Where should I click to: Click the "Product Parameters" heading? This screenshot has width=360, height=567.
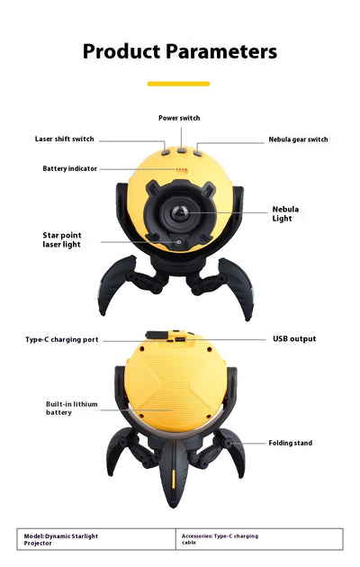click(x=180, y=51)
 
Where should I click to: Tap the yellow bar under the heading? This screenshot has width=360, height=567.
click(x=178, y=84)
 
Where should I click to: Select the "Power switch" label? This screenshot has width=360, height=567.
click(x=179, y=118)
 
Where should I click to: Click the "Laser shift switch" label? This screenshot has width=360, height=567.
click(x=64, y=139)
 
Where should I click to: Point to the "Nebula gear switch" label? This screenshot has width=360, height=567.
click(x=298, y=139)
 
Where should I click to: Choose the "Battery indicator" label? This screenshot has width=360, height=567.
click(x=70, y=168)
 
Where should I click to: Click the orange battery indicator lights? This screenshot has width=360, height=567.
click(x=182, y=169)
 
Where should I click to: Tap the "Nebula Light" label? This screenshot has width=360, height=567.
click(x=285, y=213)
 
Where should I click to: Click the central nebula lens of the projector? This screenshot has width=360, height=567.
click(x=180, y=212)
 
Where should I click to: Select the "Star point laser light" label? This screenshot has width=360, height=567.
click(x=62, y=239)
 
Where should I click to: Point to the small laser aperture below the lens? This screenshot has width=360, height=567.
click(x=178, y=242)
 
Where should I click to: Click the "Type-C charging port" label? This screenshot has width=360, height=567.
click(x=62, y=339)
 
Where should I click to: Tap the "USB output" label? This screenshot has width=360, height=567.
click(x=294, y=338)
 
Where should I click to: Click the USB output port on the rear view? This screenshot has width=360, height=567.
click(x=180, y=339)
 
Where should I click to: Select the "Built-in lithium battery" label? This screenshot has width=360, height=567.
click(x=72, y=409)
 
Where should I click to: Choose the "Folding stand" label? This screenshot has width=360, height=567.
click(x=290, y=443)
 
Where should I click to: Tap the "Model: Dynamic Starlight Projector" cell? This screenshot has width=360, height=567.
click(x=96, y=539)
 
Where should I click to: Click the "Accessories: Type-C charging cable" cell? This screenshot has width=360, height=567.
click(x=259, y=539)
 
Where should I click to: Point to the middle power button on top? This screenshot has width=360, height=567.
click(x=182, y=150)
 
